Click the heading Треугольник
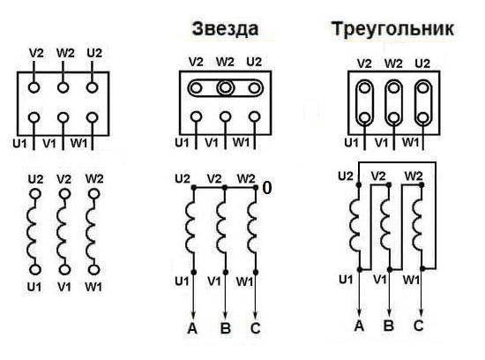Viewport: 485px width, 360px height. (x=392, y=29)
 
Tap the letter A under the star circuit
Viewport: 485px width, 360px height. (x=192, y=328)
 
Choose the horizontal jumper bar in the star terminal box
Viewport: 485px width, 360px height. (x=225, y=87)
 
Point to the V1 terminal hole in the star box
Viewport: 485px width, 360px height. (x=225, y=117)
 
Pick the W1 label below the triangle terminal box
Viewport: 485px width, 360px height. (x=413, y=141)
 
